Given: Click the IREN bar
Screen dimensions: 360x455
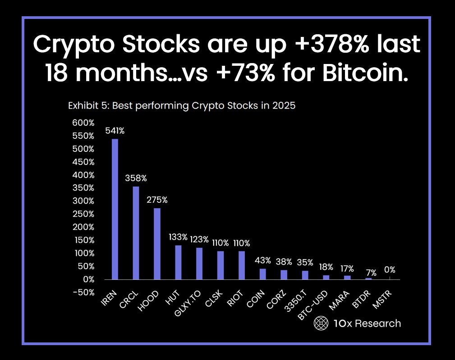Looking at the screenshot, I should pos(115,209).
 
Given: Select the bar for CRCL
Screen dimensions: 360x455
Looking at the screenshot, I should pos(136,233).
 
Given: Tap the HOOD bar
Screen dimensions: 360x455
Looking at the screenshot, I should pos(157,244).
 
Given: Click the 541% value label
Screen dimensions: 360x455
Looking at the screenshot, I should pos(115,131).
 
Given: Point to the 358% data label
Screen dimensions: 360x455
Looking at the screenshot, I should pos(136,179).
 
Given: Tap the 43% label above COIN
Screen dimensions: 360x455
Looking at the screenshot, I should pos(262,260).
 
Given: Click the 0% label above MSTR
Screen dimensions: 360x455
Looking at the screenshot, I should pos(390,270).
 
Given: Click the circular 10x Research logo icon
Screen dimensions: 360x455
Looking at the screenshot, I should pos(320,323).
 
